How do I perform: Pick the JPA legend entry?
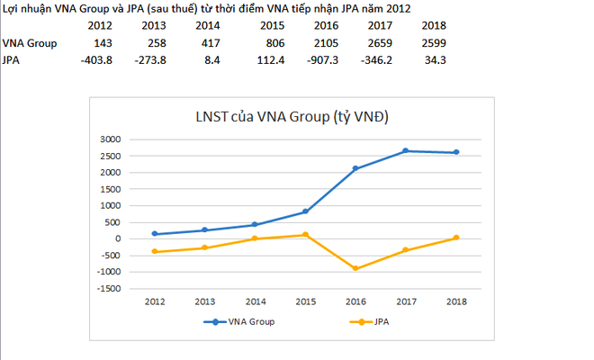coord(379,321)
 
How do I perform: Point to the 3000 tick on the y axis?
coord(110,139)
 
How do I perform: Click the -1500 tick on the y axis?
coord(108,288)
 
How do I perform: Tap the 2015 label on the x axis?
coord(305,301)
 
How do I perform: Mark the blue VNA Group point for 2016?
coord(355,168)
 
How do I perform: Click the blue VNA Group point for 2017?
coord(406,150)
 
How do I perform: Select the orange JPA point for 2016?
coord(355,268)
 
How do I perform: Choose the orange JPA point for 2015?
coord(305,235)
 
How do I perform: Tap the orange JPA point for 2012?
coord(155,252)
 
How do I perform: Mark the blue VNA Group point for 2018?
coord(456,152)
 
